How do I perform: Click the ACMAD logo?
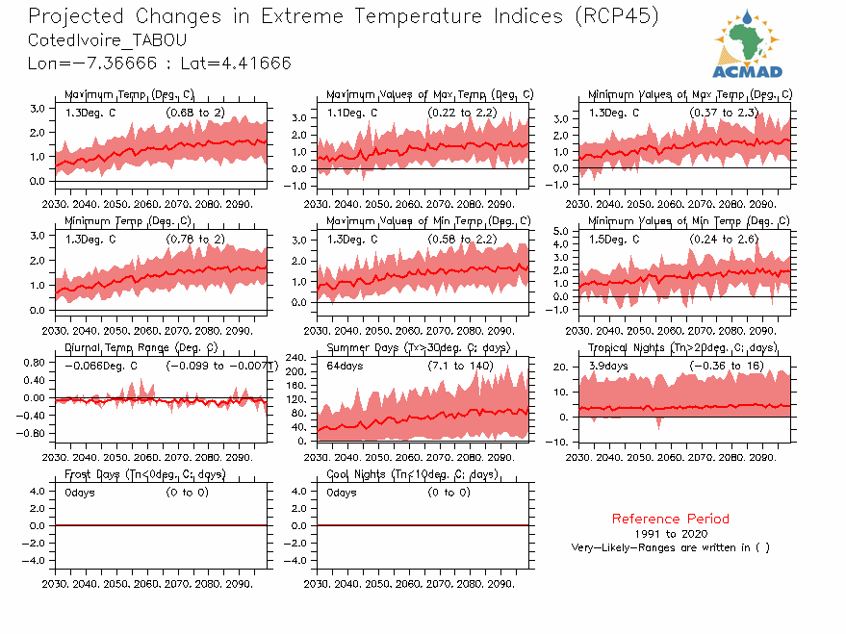tap(747, 44)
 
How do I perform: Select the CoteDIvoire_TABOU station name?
tap(108, 40)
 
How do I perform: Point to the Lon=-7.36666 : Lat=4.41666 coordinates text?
tap(160, 63)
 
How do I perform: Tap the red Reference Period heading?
tap(670, 519)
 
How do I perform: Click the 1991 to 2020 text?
tap(671, 533)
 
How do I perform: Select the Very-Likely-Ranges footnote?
tap(670, 547)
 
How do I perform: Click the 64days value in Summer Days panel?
tap(343, 367)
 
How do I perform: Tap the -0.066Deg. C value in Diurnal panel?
tap(101, 367)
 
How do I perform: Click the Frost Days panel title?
tap(144, 475)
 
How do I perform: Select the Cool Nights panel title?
tap(412, 475)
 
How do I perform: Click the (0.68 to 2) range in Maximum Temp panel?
tap(195, 113)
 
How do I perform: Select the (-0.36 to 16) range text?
tap(727, 367)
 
